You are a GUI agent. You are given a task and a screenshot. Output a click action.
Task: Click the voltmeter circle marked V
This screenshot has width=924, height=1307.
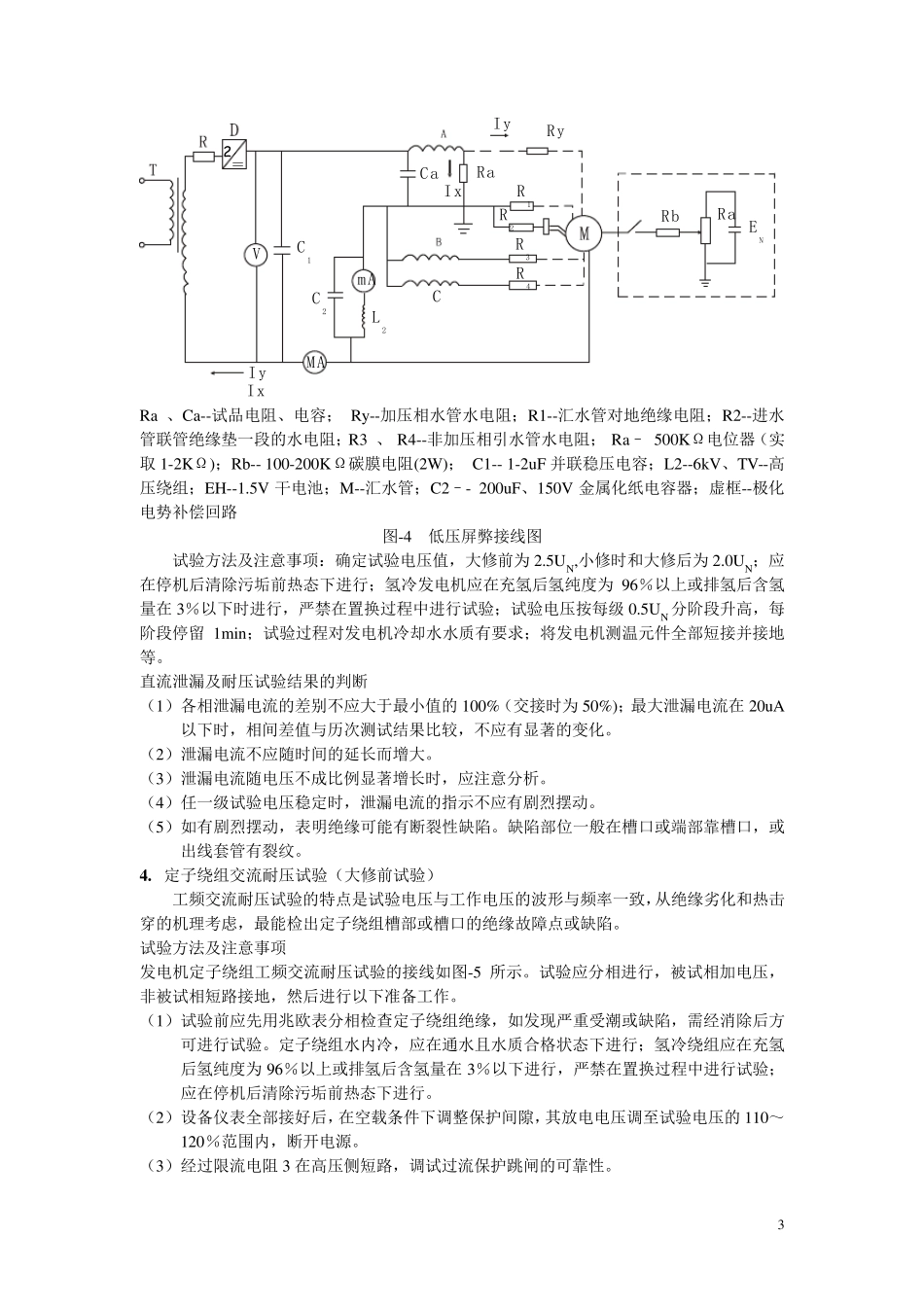255,254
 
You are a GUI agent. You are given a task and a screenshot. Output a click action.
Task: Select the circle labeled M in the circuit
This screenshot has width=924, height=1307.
585,233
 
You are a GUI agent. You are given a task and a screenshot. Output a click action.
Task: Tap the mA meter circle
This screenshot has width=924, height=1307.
362,280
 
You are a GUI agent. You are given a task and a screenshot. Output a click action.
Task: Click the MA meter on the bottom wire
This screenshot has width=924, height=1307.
314,361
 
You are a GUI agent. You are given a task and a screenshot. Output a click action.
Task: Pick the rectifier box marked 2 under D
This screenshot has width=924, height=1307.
232,154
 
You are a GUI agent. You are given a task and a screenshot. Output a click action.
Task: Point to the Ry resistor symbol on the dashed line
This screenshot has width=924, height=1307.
538,151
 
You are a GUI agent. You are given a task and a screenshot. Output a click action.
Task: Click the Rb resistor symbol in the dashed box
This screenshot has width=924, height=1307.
669,233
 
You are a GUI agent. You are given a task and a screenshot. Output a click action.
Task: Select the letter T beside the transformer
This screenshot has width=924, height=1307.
153,171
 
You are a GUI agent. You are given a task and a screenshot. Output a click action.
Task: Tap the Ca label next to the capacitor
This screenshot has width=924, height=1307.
430,174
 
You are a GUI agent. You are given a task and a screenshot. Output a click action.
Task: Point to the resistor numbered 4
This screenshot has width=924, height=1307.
521,285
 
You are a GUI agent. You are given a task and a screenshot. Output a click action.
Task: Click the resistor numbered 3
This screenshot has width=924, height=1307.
521,259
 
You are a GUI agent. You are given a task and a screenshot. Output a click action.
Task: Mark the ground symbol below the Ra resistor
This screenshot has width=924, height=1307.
464,230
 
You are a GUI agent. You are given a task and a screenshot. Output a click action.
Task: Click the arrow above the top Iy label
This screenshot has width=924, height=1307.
497,138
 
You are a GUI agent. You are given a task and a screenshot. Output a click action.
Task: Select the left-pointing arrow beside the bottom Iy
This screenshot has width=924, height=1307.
226,373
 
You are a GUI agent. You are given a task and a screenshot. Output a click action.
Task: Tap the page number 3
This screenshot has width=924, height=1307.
780,1223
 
